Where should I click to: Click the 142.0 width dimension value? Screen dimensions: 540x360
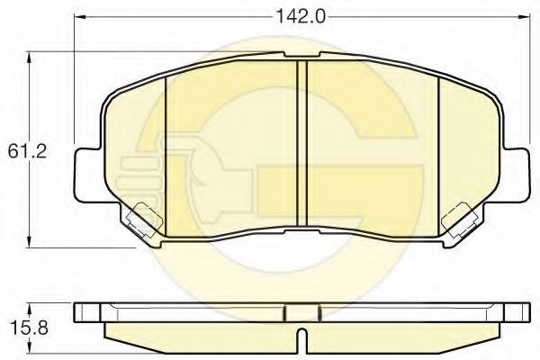[x=301, y=16]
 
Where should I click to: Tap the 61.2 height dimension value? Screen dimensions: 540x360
[x=27, y=151]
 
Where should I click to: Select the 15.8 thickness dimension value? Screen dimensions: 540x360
[x=29, y=328]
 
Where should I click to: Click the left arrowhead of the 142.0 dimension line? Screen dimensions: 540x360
[x=80, y=16]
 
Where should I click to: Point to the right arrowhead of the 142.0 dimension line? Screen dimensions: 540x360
[x=524, y=16]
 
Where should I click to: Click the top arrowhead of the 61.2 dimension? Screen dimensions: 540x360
[x=30, y=58]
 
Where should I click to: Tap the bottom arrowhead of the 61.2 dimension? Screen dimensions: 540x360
[x=30, y=241]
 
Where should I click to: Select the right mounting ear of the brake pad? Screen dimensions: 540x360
[x=515, y=175]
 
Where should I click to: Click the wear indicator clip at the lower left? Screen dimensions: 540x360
[x=144, y=220]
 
